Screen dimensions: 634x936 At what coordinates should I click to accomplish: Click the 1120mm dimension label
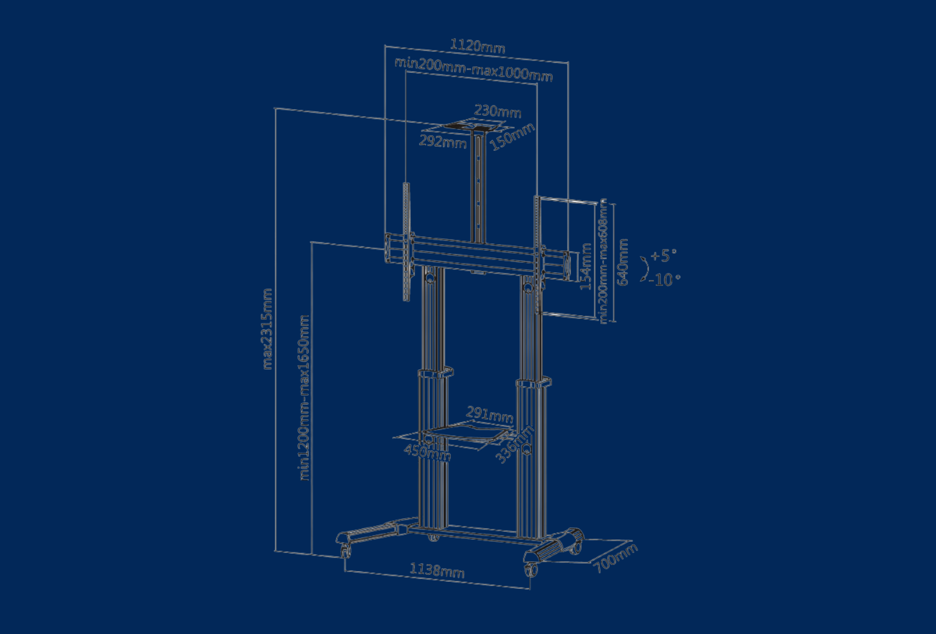pos(477,46)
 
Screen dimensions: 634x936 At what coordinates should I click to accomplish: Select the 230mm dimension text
pos(498,110)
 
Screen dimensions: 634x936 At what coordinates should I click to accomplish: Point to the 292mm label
pos(442,141)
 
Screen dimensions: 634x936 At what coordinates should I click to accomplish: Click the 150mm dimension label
pos(512,137)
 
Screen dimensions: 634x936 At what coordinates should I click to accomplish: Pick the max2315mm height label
pos(267,329)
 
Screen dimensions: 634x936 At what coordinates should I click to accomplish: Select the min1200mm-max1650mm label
pos(304,397)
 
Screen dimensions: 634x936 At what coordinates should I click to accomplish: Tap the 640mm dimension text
pos(623,262)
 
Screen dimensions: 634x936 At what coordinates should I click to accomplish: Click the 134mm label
pos(586,267)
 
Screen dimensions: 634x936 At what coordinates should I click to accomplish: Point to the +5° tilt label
pos(664,255)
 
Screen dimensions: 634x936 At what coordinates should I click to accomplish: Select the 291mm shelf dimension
pos(489,414)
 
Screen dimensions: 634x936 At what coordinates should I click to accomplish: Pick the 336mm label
pos(514,444)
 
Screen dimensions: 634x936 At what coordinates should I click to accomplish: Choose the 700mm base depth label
pos(614,558)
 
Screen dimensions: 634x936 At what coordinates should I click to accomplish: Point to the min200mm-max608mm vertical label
pos(603,260)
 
